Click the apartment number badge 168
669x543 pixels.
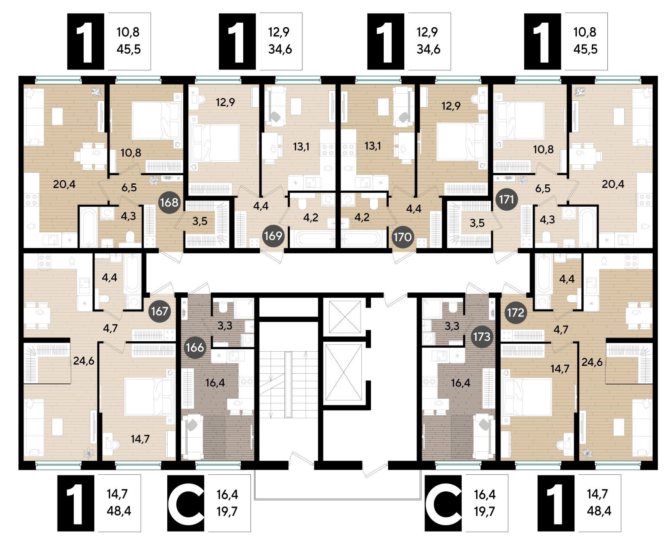tap(169, 202)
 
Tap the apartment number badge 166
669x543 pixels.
tap(195, 347)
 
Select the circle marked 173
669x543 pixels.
tap(481, 337)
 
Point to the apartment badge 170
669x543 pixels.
tap(402, 237)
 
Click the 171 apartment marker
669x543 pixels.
tap(506, 199)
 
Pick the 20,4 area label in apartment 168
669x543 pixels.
tap(64, 184)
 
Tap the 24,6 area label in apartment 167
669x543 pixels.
tap(84, 361)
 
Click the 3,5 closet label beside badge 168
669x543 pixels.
tap(200, 221)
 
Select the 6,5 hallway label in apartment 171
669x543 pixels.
tap(543, 188)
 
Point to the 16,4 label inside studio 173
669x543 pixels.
tap(461, 383)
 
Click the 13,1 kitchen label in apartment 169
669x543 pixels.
tap(301, 147)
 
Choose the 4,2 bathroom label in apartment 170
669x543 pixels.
tap(362, 217)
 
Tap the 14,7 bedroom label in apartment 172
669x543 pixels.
tap(560, 369)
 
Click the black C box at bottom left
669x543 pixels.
tap(185, 503)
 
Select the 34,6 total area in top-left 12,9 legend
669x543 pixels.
tap(280, 50)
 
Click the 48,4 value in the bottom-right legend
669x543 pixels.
tap(599, 511)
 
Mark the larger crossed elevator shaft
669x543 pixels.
tap(344, 372)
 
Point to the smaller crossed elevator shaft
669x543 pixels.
tap(345, 317)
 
